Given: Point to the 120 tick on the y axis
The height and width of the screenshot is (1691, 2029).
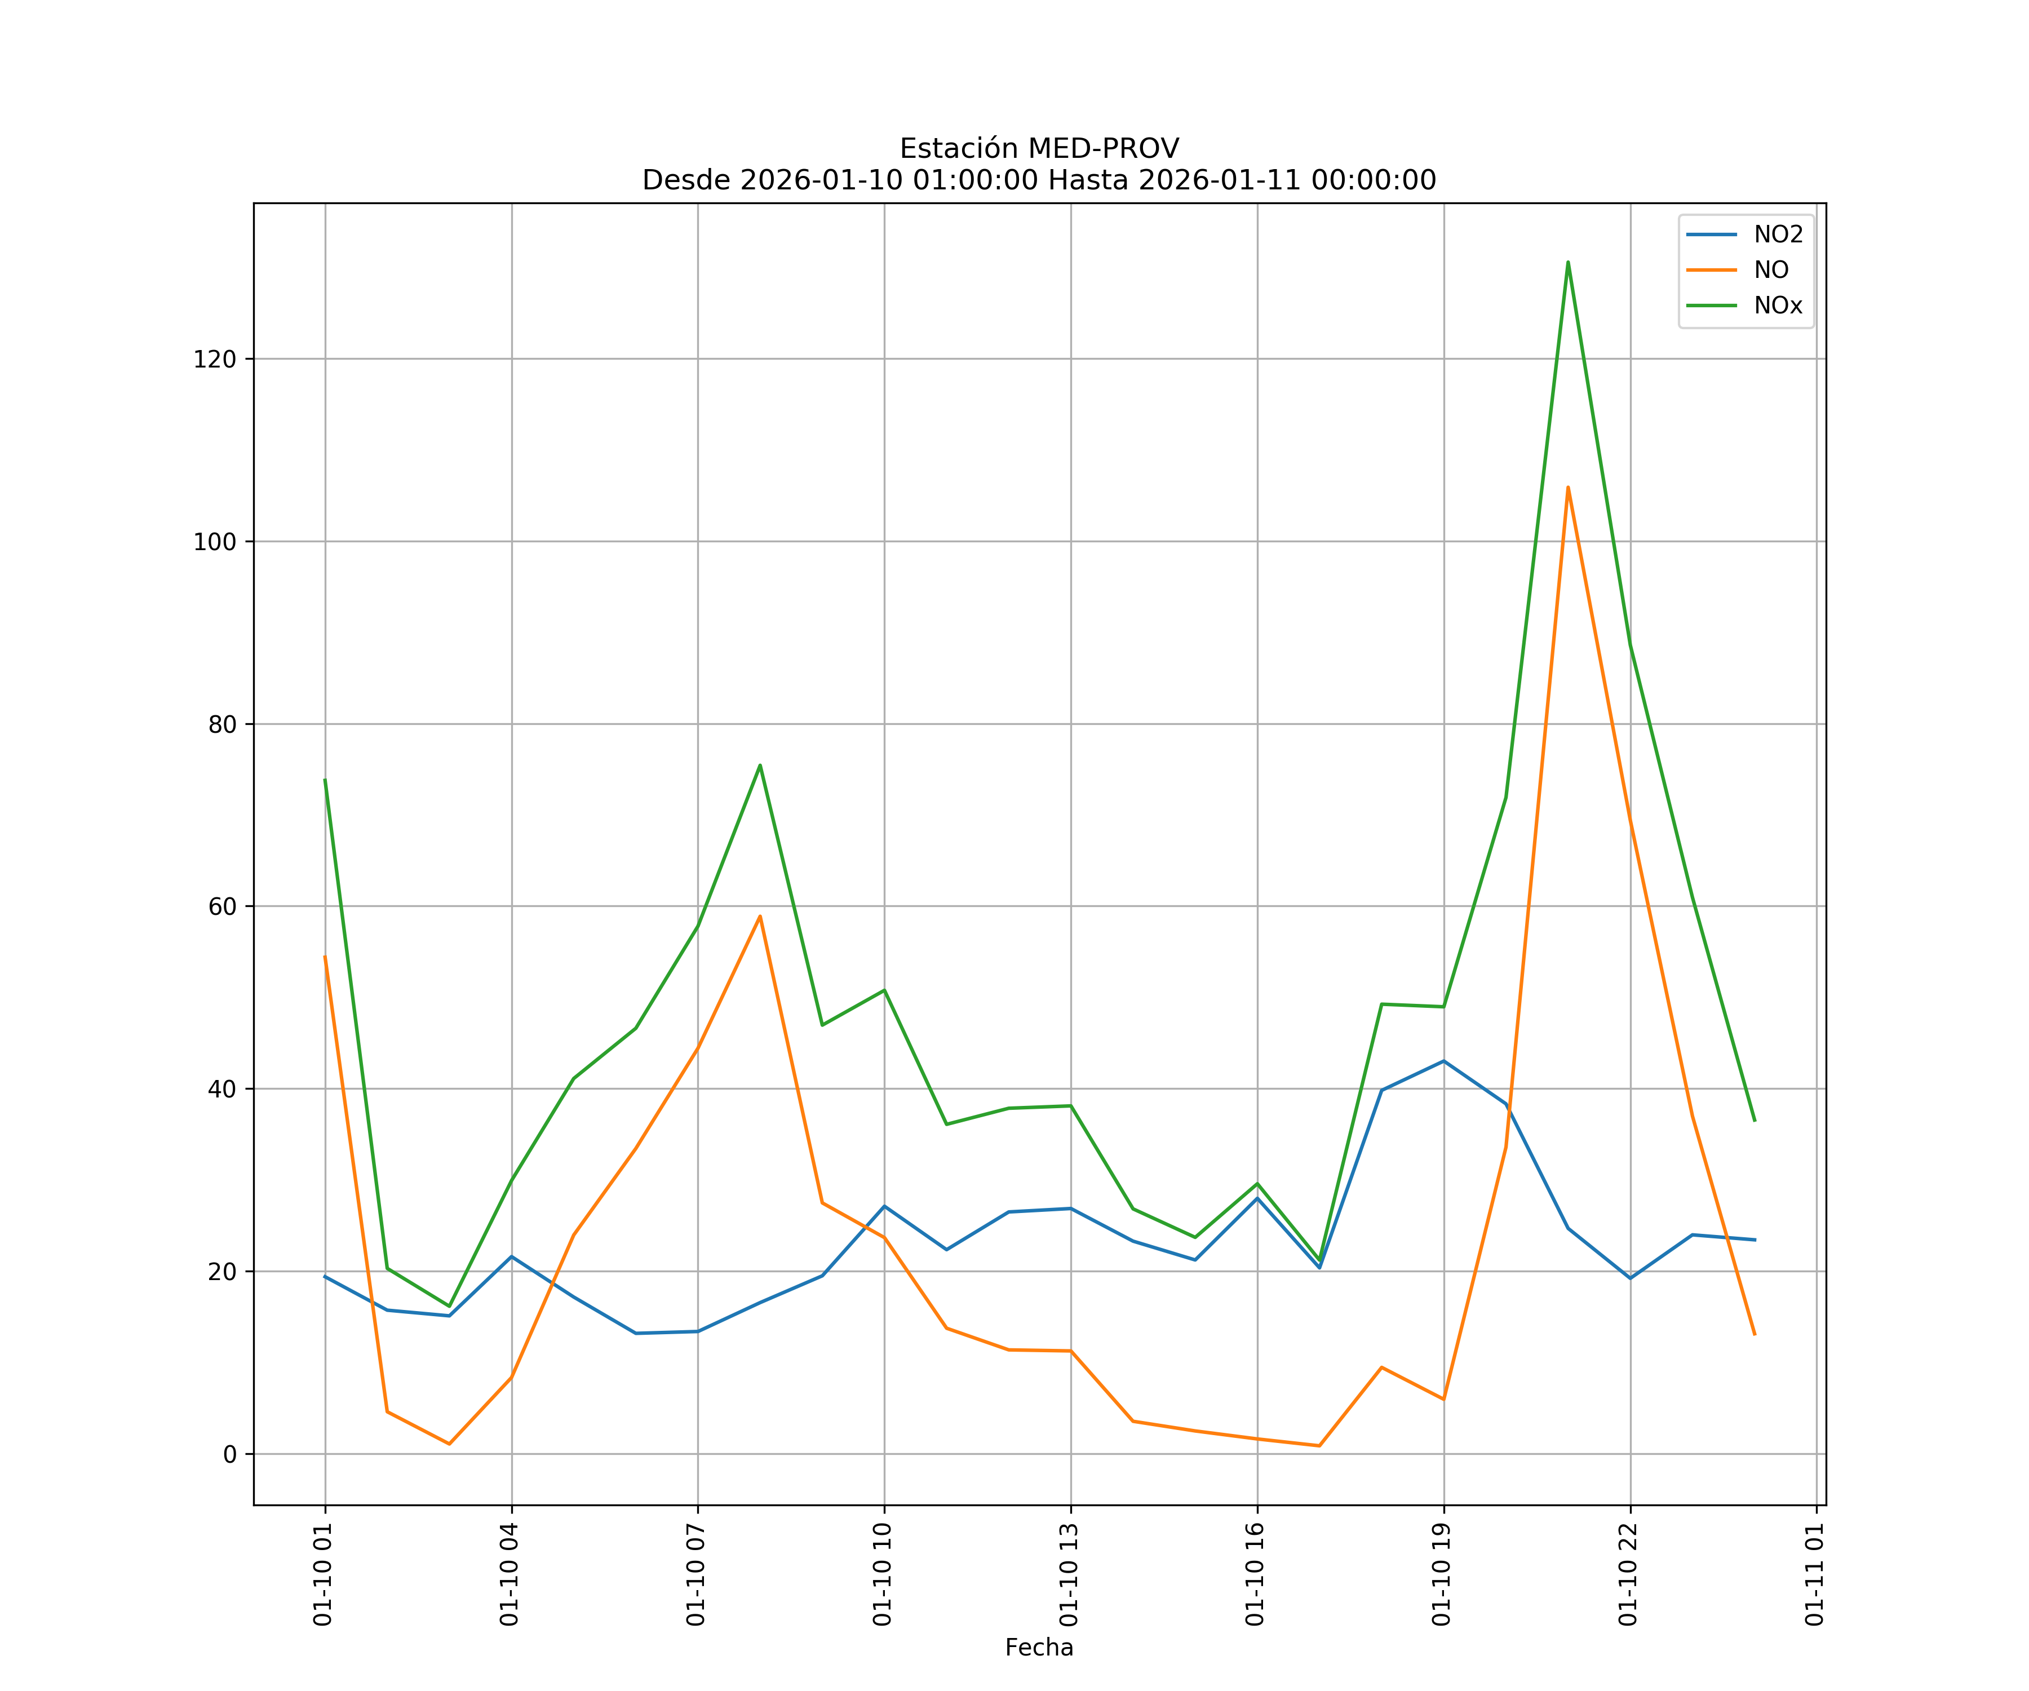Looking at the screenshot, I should [215, 360].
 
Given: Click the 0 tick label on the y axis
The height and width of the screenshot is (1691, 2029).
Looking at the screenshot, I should [229, 1454].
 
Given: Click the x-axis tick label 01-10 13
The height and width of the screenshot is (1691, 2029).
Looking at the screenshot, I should [1069, 1574].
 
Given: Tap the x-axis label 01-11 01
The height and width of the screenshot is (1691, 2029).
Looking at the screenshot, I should [1814, 1574].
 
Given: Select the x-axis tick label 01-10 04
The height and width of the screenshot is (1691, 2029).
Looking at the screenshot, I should [509, 1574].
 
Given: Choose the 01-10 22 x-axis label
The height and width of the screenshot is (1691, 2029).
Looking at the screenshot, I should [1628, 1574].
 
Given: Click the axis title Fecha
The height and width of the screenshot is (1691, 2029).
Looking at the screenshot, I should [1039, 1648].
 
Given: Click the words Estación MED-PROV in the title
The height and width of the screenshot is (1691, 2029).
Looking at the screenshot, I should [1039, 149].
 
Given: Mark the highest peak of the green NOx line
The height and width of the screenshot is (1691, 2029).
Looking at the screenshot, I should [1567, 262].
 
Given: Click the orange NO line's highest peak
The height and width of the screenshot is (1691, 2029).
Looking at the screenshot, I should [1567, 487].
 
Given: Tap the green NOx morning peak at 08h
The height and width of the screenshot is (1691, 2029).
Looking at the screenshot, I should [759, 765].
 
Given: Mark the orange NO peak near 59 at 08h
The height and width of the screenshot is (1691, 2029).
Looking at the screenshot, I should [759, 916].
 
